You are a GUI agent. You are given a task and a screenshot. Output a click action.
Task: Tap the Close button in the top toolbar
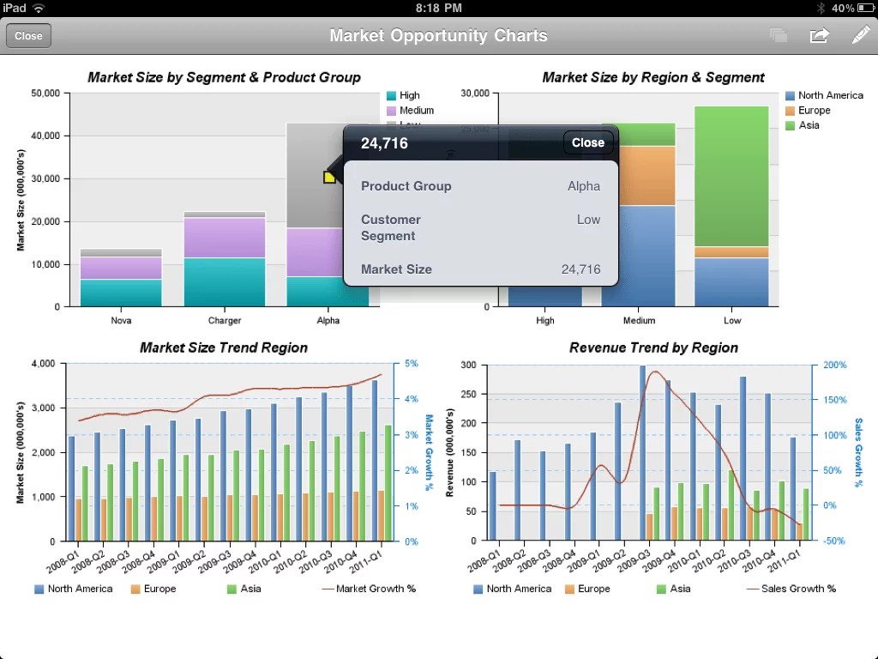[28, 36]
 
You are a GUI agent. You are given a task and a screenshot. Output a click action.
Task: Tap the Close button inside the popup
[587, 142]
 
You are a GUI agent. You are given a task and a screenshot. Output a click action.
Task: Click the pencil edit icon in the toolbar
[860, 35]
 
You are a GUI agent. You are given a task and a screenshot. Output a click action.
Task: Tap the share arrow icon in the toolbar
[819, 35]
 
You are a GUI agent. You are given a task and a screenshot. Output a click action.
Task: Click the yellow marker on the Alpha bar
[329, 177]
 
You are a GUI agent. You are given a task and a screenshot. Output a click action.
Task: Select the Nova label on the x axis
[121, 320]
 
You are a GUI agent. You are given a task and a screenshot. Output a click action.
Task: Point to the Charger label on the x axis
[225, 320]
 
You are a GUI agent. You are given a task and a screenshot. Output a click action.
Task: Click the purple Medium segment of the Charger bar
[225, 238]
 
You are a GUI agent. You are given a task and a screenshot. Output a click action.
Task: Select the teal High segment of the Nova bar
[121, 293]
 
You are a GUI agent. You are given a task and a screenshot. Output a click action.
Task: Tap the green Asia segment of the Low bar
[731, 176]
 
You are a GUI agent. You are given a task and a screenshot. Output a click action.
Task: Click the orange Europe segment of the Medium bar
[638, 176]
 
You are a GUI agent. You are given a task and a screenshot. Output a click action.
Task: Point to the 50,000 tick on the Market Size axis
[45, 93]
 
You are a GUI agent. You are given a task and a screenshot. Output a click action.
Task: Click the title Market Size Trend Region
[223, 348]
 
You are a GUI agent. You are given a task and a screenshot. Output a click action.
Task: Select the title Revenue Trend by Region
[653, 348]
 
